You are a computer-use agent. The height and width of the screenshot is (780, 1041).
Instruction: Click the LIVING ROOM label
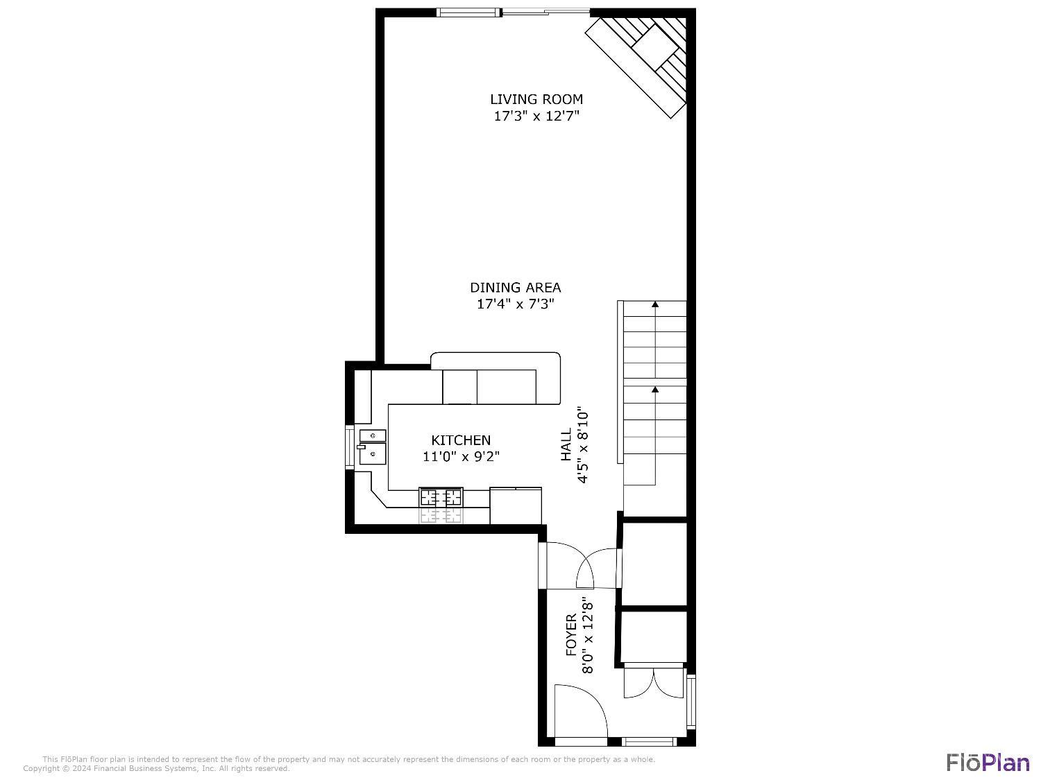point(536,99)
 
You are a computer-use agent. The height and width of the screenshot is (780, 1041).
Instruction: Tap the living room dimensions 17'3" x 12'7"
point(536,116)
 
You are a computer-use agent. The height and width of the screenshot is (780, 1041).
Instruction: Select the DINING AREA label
point(515,288)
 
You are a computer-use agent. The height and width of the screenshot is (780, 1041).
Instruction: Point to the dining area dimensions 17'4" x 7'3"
point(515,304)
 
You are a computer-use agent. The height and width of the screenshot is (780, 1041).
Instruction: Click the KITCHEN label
point(461,440)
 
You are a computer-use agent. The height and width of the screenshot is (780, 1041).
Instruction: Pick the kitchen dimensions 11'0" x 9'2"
point(461,457)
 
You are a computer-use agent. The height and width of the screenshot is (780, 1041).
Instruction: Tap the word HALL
point(566,444)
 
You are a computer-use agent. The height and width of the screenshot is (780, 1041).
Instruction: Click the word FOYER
point(571,635)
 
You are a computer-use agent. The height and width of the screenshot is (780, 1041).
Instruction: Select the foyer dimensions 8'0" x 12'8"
point(588,635)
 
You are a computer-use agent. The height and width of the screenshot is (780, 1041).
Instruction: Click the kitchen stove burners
point(441,497)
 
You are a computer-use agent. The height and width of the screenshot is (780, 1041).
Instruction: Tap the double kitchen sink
point(372,447)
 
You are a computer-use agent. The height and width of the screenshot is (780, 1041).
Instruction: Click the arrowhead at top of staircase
point(655,304)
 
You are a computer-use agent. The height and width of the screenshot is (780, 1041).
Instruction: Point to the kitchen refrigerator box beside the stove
point(516,506)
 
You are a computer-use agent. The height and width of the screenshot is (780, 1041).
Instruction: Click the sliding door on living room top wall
point(545,12)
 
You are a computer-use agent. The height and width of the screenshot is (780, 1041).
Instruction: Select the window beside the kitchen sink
point(350,447)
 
